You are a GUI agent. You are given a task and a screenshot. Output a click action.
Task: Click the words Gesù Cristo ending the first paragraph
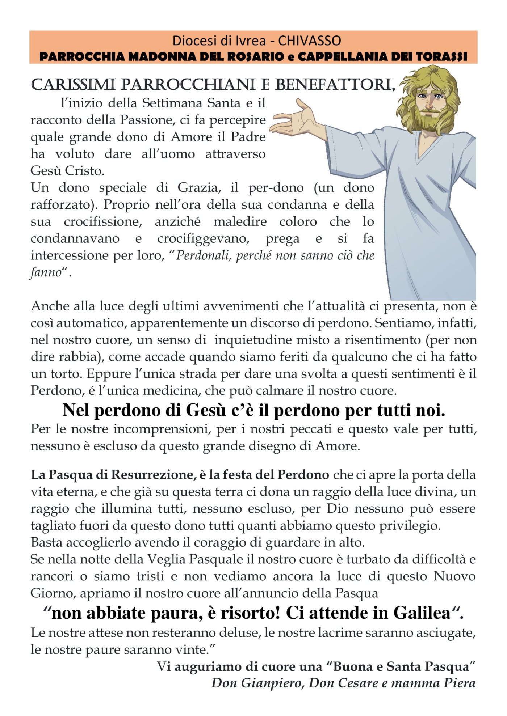click(x=67, y=171)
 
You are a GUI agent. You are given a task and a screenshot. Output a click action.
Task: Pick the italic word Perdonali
click(x=204, y=256)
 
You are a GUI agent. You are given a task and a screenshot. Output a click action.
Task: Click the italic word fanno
click(x=46, y=272)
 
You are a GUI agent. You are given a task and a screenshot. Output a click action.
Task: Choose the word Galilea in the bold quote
click(x=422, y=613)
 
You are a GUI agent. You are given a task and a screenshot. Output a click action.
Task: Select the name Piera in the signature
click(x=458, y=683)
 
